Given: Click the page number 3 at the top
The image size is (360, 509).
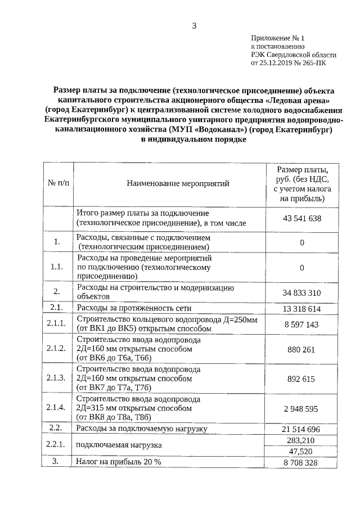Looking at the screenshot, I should pyautogui.click(x=195, y=25).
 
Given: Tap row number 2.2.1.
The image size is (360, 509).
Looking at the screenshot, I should pyautogui.click(x=57, y=445).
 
